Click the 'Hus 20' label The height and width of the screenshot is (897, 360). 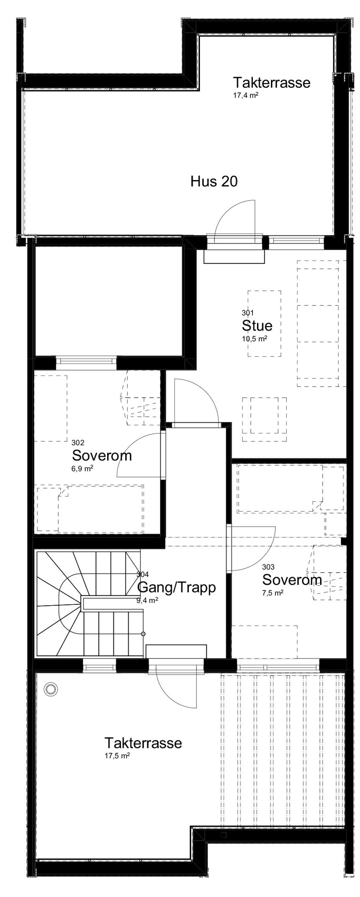click(214, 182)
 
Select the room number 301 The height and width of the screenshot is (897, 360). click(248, 313)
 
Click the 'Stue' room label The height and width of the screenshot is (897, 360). click(257, 326)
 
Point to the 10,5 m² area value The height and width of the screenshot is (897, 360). click(255, 339)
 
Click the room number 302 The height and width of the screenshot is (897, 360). click(78, 443)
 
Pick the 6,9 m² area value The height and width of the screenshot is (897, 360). click(83, 469)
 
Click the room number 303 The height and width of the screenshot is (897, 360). click(268, 567)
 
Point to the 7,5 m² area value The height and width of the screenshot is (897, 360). click(273, 593)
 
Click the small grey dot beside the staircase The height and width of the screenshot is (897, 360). click(143, 634)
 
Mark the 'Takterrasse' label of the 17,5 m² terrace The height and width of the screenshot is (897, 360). click(143, 743)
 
